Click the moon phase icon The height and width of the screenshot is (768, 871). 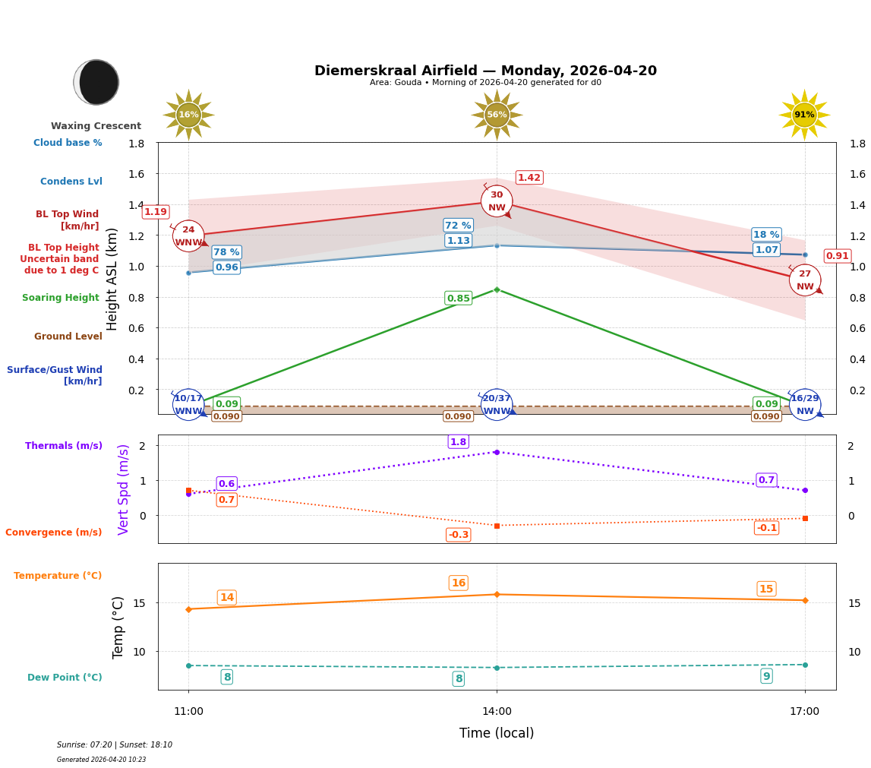(x=96, y=82)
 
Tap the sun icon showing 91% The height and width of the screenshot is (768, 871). (x=804, y=115)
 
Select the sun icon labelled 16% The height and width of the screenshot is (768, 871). (x=188, y=115)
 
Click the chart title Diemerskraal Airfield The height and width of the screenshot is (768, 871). (x=485, y=71)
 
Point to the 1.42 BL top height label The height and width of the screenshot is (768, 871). (x=529, y=178)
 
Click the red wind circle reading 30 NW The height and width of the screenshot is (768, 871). (x=497, y=201)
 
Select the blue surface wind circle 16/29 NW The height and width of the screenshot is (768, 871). (x=804, y=405)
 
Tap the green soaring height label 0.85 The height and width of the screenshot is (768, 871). (x=458, y=299)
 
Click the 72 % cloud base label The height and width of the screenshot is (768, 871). (x=458, y=226)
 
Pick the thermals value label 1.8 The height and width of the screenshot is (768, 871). (x=458, y=442)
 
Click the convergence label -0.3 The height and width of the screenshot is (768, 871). (x=458, y=535)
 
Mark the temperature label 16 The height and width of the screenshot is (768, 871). (x=458, y=583)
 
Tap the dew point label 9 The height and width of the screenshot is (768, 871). (x=766, y=676)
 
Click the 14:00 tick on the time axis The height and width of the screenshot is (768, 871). (x=497, y=712)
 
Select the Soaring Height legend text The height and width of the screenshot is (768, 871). (x=61, y=298)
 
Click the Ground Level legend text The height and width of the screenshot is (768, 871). (x=68, y=337)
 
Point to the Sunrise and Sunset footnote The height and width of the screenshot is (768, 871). (x=115, y=745)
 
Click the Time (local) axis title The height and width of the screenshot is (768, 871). (x=497, y=733)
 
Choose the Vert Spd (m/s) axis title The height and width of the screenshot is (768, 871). (x=124, y=489)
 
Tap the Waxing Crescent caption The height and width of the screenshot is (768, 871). (x=96, y=126)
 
